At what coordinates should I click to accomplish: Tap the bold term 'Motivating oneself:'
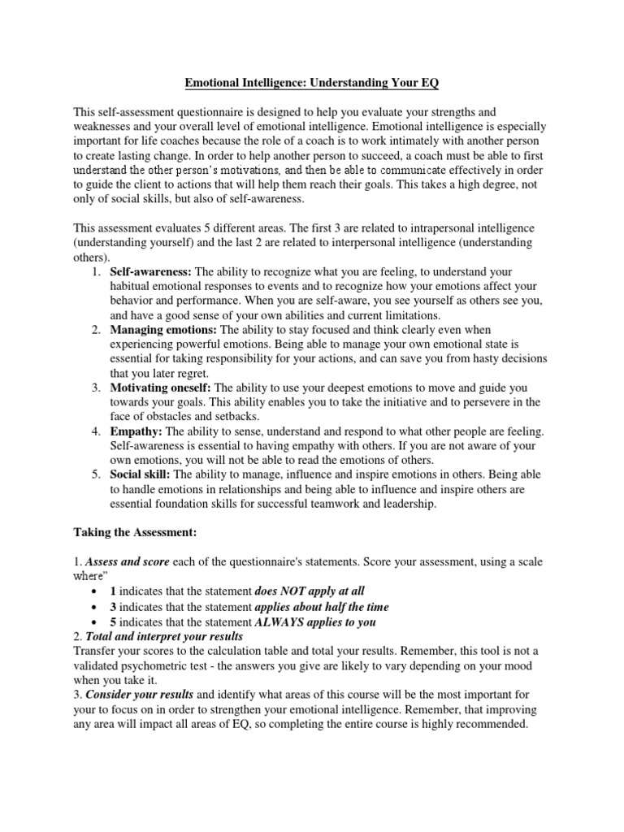tap(161, 388)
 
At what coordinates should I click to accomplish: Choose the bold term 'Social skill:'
tap(141, 474)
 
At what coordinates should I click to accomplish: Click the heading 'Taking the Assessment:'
tap(135, 533)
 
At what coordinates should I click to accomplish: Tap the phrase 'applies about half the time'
tap(322, 606)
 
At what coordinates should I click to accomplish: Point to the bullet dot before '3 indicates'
tap(96, 607)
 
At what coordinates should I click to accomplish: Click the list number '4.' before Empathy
tap(95, 431)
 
